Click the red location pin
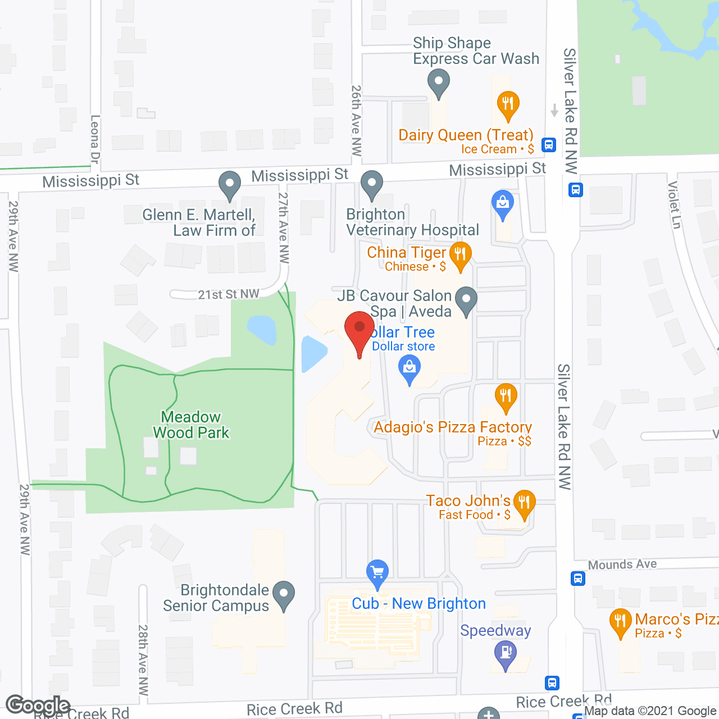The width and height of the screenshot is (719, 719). [x=359, y=329]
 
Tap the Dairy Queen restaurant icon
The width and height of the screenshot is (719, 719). [x=508, y=104]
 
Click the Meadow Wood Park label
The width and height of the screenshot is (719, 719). [x=192, y=425]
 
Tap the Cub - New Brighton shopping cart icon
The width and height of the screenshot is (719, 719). [x=377, y=573]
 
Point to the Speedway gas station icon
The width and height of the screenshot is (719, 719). [x=506, y=654]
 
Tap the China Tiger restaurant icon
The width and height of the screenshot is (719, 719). [x=460, y=255]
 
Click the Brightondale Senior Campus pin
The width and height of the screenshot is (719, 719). [x=284, y=594]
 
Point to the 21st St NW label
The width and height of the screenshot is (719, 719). [x=229, y=294]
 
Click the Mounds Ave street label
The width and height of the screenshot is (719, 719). [x=622, y=565]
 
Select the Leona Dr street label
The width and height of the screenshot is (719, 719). [x=95, y=140]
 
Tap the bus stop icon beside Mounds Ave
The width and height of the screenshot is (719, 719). [x=578, y=578]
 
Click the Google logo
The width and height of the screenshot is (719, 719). [x=38, y=706]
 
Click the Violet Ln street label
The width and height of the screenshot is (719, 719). [x=674, y=205]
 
